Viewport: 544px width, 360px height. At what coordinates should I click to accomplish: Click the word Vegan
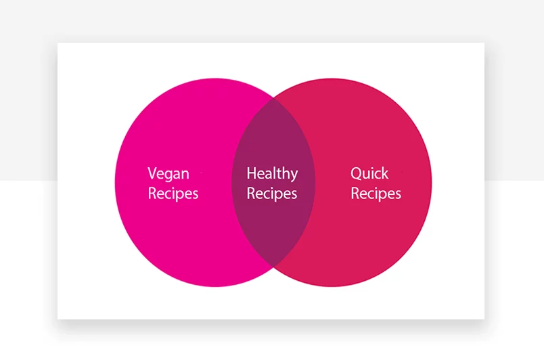168,173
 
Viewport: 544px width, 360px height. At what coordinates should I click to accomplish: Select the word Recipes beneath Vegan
173,194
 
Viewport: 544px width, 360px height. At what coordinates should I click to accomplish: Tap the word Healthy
272,174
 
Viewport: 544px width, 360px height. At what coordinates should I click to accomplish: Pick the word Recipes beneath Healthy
272,194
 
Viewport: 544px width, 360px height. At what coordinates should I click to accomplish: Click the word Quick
369,173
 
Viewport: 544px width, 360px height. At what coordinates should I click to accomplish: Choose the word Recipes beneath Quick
376,194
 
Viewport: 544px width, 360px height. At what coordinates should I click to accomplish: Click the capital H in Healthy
252,174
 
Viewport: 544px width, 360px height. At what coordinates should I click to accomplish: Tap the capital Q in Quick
357,173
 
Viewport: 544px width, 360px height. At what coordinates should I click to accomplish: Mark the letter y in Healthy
293,176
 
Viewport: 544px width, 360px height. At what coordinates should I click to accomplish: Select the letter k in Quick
385,173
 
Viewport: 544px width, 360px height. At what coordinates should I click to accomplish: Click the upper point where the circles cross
273,98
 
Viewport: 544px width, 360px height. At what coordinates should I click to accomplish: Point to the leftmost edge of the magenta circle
116,182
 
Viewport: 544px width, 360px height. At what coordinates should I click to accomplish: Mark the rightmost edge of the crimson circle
431,182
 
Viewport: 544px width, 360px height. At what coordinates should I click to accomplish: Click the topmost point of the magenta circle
215,78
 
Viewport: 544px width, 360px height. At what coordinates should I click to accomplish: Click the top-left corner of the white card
58,43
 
